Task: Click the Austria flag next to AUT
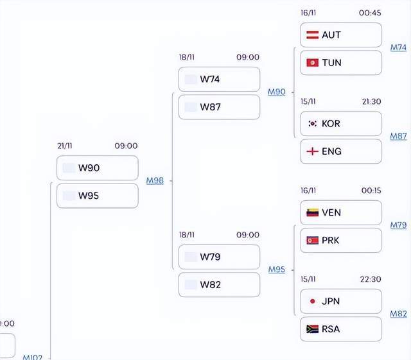coord(313,35)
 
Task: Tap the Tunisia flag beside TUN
coord(313,63)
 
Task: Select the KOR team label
coord(331,124)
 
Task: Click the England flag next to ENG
coord(313,151)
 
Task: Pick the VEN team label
coord(331,212)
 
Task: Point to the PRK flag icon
coord(313,240)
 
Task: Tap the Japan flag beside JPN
coord(313,302)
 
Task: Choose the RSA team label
coord(331,329)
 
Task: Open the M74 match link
coord(398,47)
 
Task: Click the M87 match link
coord(398,136)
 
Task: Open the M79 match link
coord(398,225)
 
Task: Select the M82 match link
coord(398,314)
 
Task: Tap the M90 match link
coord(277,92)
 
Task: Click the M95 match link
coord(277,270)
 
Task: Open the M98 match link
coord(155,180)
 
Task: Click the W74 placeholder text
coord(210,79)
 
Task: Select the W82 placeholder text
coord(210,285)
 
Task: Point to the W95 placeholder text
coord(89,196)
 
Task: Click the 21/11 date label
coord(65,146)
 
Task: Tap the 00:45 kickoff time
coord(370,13)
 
